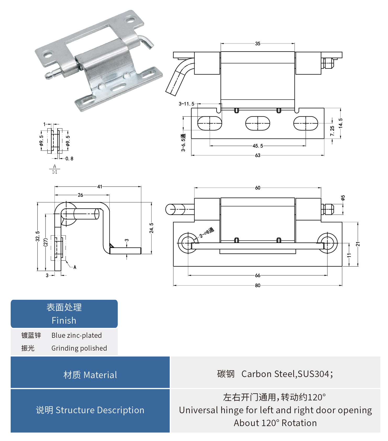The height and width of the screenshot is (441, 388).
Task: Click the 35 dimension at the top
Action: [258, 43]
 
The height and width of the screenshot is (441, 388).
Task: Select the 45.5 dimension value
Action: [258, 146]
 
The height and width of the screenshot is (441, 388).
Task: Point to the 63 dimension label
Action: [258, 155]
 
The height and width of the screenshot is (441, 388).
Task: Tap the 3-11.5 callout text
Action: [186, 104]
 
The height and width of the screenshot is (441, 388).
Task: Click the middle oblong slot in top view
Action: [258, 123]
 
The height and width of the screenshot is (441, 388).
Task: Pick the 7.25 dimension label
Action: [332, 131]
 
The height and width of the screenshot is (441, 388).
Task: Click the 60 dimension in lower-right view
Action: [258, 188]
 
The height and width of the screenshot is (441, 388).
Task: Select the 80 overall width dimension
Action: [258, 285]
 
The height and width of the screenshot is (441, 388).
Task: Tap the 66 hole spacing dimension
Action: [258, 275]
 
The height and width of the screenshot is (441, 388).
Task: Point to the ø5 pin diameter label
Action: [343, 198]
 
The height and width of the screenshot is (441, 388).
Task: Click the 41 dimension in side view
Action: [99, 187]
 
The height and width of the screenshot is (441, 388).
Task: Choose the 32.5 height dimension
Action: [38, 236]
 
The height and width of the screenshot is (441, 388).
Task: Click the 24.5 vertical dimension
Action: [151, 228]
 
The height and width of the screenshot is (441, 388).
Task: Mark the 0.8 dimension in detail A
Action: [69, 159]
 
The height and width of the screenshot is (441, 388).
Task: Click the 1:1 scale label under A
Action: [54, 172]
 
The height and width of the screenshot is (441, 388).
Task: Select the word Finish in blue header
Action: [64, 320]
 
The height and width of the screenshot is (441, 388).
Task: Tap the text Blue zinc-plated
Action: [76, 335]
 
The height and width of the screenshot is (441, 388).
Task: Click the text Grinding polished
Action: [79, 348]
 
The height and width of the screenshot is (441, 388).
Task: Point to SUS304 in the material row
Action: [313, 374]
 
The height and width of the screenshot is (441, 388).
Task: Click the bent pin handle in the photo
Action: [147, 42]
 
